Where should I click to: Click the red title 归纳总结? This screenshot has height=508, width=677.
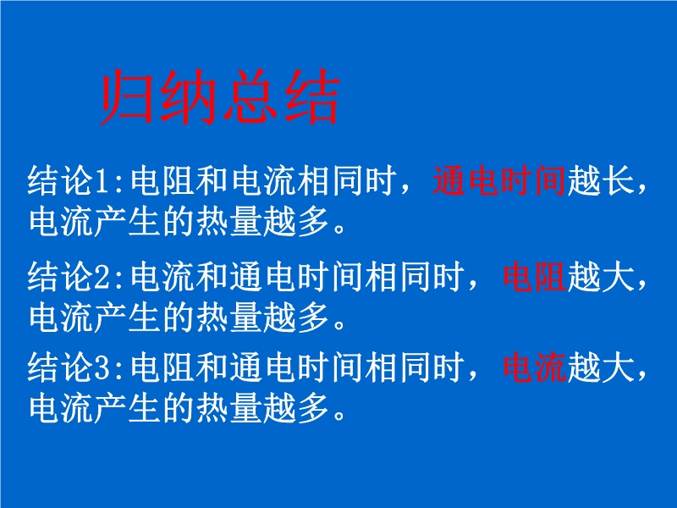(x=220, y=97)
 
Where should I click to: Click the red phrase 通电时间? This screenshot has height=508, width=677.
(x=499, y=180)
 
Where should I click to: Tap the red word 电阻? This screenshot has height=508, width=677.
(x=535, y=277)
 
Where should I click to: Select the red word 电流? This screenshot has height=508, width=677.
(x=535, y=367)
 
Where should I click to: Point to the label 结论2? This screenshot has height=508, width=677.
(x=69, y=277)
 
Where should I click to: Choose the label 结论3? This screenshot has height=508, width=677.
(x=69, y=367)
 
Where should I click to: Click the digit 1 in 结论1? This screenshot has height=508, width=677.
(x=103, y=181)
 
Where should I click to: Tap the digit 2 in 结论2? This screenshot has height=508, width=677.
(x=103, y=278)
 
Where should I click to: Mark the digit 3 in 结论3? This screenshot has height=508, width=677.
(x=103, y=368)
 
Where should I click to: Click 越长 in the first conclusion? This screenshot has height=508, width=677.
(x=601, y=180)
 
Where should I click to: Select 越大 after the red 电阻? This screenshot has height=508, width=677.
(x=601, y=277)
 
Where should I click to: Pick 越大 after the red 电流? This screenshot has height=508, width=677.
(x=601, y=367)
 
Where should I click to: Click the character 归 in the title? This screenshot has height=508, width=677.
(x=128, y=97)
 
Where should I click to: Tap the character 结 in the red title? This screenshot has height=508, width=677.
(x=312, y=97)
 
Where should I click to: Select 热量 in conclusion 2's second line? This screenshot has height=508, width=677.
(x=228, y=317)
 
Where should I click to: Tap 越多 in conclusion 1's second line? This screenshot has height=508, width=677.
(x=295, y=222)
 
